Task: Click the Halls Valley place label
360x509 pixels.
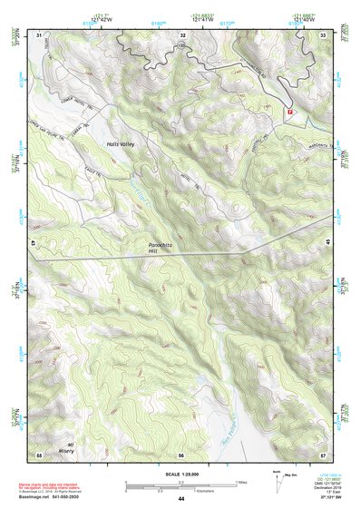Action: point(121,144)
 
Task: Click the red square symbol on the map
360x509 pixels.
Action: point(290,111)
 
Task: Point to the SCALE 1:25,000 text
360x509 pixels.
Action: point(180,474)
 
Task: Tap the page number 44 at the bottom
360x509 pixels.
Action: point(180,498)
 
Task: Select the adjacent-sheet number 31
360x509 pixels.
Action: point(39,34)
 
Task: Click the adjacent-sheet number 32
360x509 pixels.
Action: point(182,34)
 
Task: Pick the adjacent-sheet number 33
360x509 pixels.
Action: point(324,34)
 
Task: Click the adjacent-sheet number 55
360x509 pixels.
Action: point(39,454)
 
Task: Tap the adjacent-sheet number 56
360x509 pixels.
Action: point(181,455)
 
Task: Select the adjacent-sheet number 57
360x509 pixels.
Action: point(324,454)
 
